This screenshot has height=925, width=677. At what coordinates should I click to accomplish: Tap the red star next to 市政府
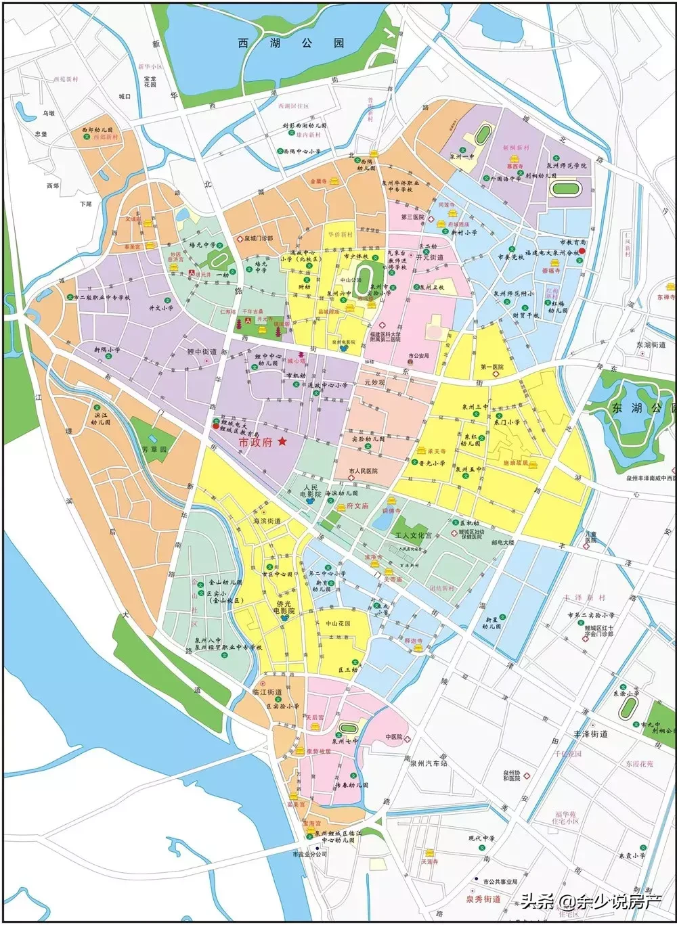click(282, 441)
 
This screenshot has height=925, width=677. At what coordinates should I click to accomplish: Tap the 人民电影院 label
click(311, 491)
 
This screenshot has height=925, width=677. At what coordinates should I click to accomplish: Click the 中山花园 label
click(338, 623)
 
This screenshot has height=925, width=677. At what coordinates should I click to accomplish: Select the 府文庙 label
click(357, 505)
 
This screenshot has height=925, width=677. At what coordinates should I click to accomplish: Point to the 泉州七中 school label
click(345, 741)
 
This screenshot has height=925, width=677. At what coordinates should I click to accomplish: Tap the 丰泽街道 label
click(590, 734)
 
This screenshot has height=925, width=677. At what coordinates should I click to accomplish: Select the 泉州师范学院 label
click(567, 165)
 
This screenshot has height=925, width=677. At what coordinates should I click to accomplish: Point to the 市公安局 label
click(419, 356)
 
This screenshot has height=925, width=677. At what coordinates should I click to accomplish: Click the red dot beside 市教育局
click(582, 250)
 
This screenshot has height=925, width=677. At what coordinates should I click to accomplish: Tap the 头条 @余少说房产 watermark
click(590, 901)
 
